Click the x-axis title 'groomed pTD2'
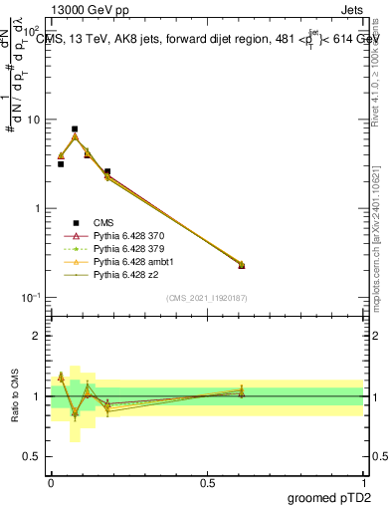tap(328, 498)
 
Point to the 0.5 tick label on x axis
tap(207, 483)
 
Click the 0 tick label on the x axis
tap(50, 483)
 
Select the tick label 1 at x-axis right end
tap(364, 483)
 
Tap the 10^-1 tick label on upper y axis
tap(32, 298)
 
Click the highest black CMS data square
tap(75, 128)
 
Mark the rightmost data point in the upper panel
tap(241, 265)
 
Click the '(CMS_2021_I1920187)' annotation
tap(207, 297)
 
